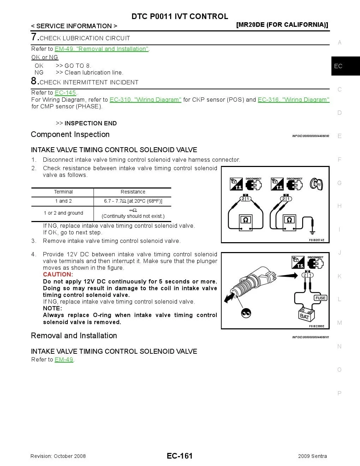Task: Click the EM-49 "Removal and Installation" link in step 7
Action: [102, 49]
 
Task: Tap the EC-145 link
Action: [65, 93]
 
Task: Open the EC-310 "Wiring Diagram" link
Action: [145, 100]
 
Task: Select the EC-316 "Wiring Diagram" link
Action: [293, 100]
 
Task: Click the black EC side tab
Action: [345, 66]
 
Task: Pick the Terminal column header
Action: [63, 192]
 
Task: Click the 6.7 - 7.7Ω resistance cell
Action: [133, 201]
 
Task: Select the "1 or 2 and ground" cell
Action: [63, 213]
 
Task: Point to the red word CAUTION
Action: [58, 275]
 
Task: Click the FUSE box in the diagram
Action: [320, 298]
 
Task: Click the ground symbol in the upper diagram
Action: [312, 231]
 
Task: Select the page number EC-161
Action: [180, 456]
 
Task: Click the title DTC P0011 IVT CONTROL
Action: [180, 17]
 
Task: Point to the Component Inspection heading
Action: [70, 135]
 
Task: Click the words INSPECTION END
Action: [90, 124]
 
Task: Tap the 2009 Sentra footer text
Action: [312, 456]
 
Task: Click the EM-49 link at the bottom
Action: [64, 360]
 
